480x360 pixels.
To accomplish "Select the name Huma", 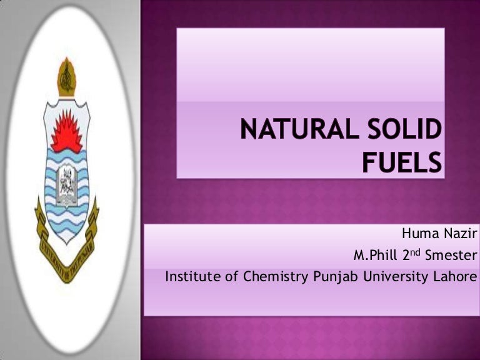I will pyautogui.click(x=418, y=236).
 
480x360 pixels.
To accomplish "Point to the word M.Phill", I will pyautogui.click(x=376, y=256).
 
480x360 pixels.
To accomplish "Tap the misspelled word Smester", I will pyautogui.click(x=451, y=256).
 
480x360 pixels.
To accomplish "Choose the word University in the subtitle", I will pyautogui.click(x=397, y=276).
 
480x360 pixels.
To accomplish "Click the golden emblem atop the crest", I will pyautogui.click(x=67, y=77).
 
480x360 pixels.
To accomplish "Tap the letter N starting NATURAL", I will pyautogui.click(x=250, y=133).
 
